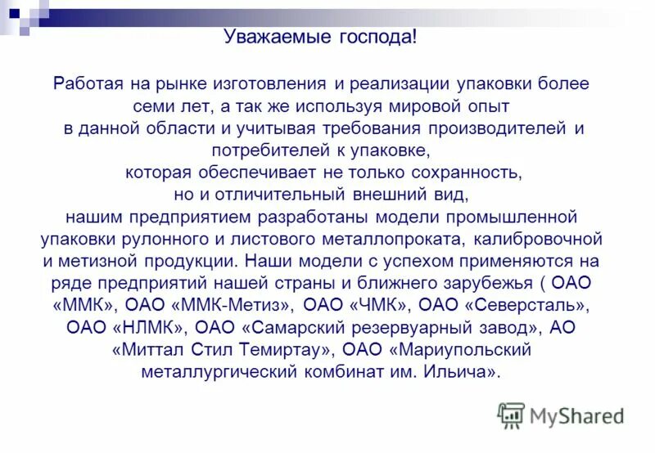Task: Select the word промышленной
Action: (513, 218)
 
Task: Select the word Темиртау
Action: (289, 350)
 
